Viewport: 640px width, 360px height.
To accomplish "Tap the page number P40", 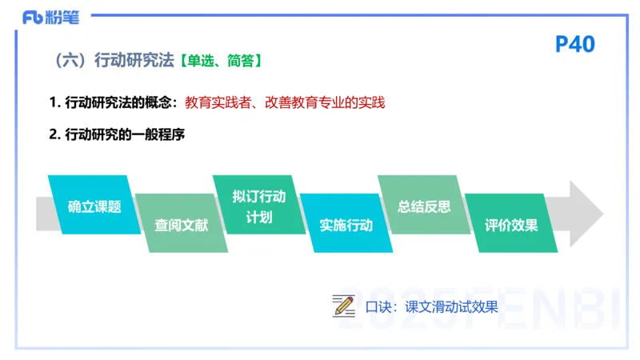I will pyautogui.click(x=574, y=44).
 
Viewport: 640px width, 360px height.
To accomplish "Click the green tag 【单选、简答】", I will pyautogui.click(x=220, y=60).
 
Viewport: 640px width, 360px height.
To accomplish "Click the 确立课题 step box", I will pyautogui.click(x=94, y=206).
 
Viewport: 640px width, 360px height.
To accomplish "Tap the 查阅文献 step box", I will pyautogui.click(x=181, y=224).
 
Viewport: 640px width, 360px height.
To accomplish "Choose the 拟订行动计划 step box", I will pyautogui.click(x=258, y=206).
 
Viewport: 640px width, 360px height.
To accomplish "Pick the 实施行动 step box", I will pyautogui.click(x=346, y=224).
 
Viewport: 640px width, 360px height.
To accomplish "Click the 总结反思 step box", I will pyautogui.click(x=423, y=206).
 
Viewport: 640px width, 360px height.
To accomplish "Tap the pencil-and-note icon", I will pyautogui.click(x=344, y=306).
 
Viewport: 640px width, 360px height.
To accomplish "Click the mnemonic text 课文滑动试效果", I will pyautogui.click(x=451, y=306).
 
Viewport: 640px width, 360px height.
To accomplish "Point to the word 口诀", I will pyautogui.click(x=379, y=306).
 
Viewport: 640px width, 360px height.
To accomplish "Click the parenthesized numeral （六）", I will pyautogui.click(x=70, y=60).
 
